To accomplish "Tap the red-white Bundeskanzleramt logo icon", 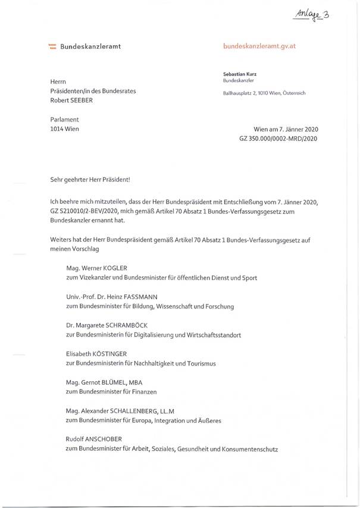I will [x=52, y=46].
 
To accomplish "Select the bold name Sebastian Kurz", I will [x=240, y=74].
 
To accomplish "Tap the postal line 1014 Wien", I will [x=65, y=129].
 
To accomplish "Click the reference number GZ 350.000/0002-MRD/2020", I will [x=278, y=139].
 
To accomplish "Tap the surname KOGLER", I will [x=121, y=267].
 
